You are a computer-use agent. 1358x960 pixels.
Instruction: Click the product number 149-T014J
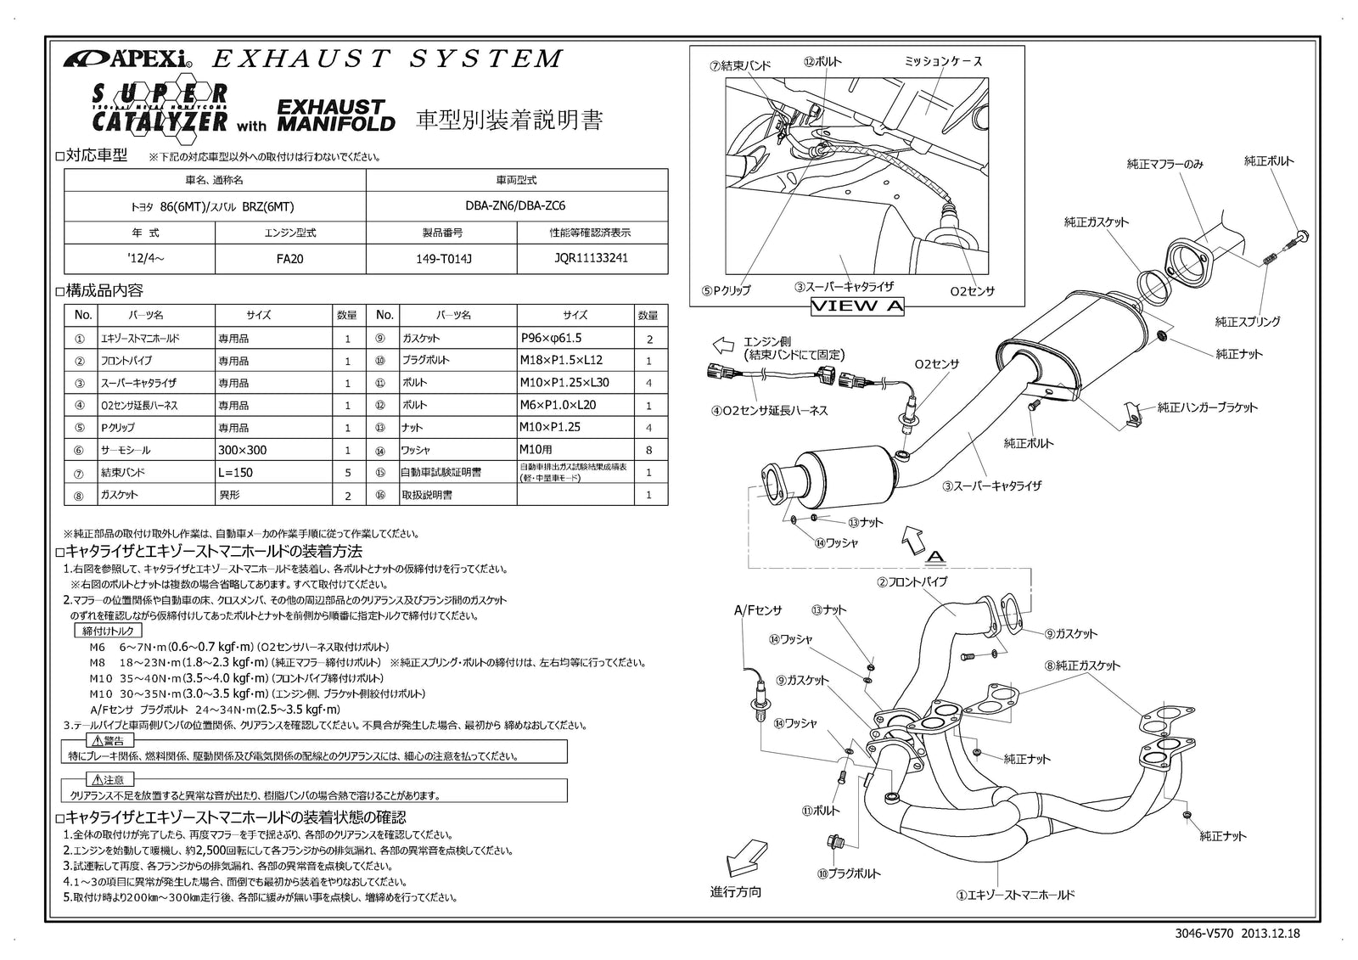tap(441, 259)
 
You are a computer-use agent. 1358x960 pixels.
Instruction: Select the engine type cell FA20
tap(289, 259)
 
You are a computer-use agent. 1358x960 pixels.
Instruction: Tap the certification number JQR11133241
tap(592, 258)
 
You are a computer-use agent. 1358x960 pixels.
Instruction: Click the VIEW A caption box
tap(857, 306)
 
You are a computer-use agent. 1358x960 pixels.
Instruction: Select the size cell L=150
tap(235, 472)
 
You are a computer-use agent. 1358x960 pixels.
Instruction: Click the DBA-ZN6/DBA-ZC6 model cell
tap(516, 206)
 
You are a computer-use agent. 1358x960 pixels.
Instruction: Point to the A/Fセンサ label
tap(757, 609)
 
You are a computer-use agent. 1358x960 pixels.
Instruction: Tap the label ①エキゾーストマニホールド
tap(1015, 894)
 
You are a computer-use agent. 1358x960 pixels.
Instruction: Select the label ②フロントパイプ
tap(912, 581)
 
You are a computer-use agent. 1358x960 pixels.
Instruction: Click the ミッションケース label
tap(943, 61)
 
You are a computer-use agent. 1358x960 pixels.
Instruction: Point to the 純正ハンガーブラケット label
tap(1207, 407)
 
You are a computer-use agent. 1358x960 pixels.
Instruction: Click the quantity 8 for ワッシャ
tap(648, 450)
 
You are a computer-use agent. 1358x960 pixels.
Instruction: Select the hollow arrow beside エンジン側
tap(723, 345)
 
